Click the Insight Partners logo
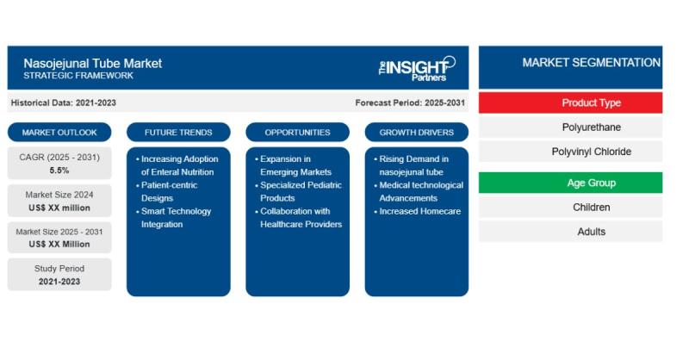click(417, 69)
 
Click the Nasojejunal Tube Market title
click(93, 63)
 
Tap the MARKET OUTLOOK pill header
click(59, 133)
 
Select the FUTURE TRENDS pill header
click(178, 133)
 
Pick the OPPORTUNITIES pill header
click(297, 133)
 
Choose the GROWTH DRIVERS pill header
click(417, 133)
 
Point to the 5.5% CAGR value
click(59, 171)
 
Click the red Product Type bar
click(570, 102)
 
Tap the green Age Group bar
click(570, 183)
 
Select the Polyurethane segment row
click(570, 127)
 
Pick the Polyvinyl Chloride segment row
click(570, 152)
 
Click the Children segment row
click(570, 208)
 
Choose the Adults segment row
click(570, 232)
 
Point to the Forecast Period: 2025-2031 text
click(410, 102)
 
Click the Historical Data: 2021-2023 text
click(63, 102)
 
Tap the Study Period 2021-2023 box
click(59, 275)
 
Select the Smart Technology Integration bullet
click(174, 218)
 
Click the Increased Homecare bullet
click(418, 211)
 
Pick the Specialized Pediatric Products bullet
click(298, 192)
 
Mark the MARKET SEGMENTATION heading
click(591, 63)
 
